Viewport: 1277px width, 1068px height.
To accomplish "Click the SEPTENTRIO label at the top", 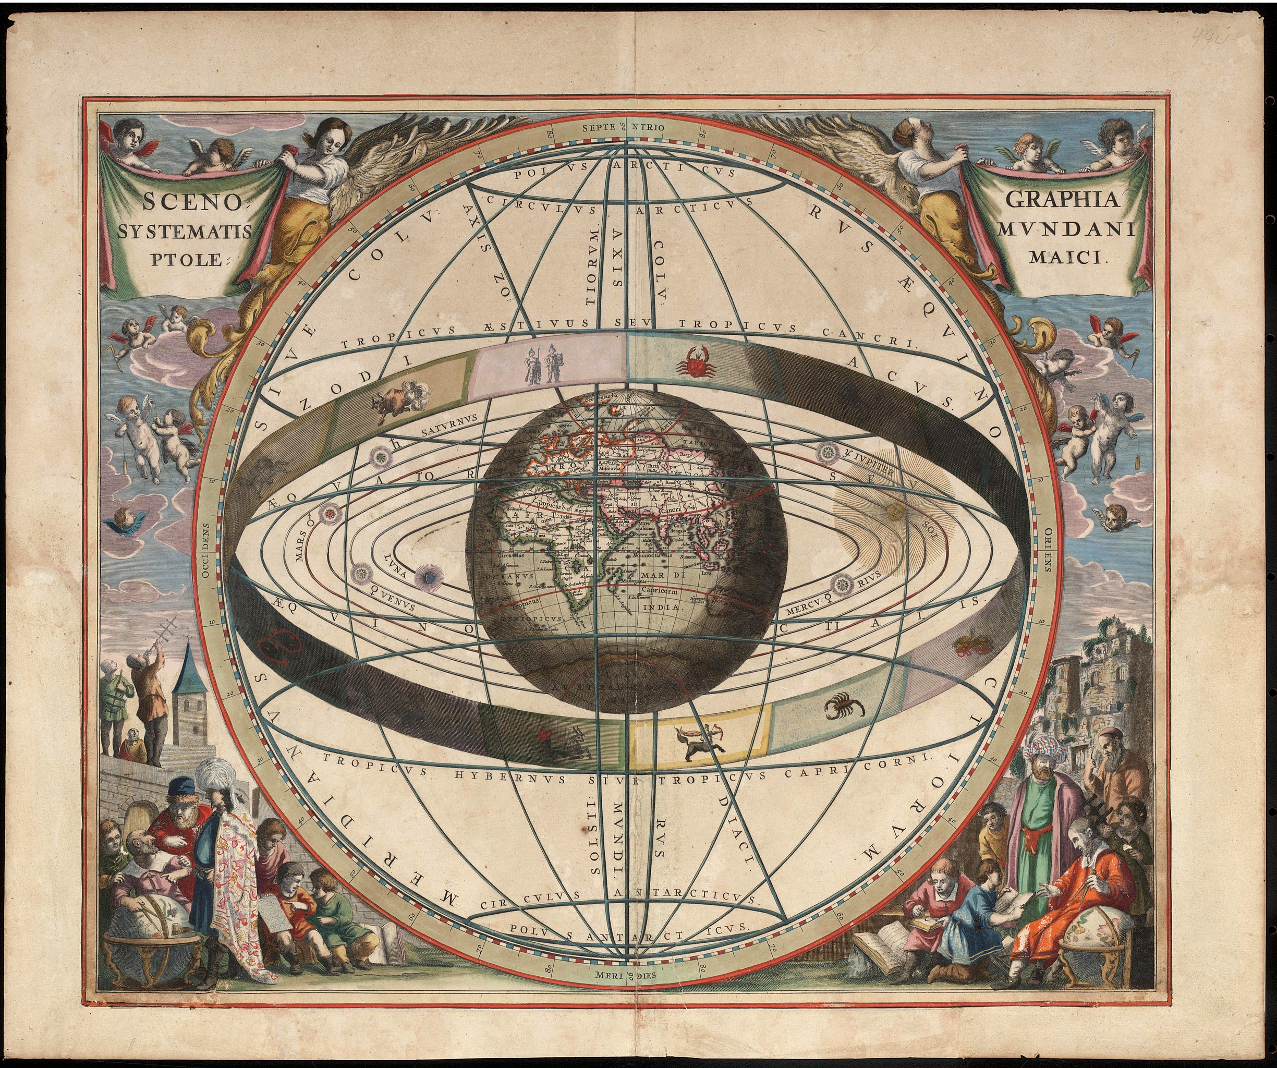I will click(x=623, y=128).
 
